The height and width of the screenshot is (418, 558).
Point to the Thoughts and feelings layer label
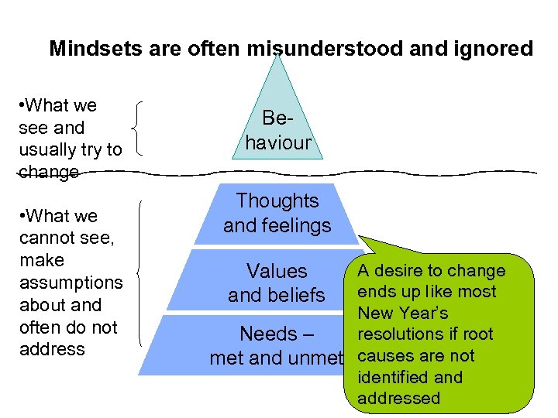(x=277, y=213)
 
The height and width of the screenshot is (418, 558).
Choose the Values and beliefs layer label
(x=277, y=283)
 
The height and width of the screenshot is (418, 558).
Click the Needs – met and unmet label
(x=277, y=346)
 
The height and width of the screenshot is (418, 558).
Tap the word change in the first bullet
(x=49, y=172)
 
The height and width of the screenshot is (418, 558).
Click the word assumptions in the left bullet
(x=71, y=283)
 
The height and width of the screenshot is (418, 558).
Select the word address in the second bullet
(x=52, y=349)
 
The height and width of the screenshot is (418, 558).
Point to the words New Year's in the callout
(x=402, y=313)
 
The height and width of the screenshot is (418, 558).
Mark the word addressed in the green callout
(x=398, y=399)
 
